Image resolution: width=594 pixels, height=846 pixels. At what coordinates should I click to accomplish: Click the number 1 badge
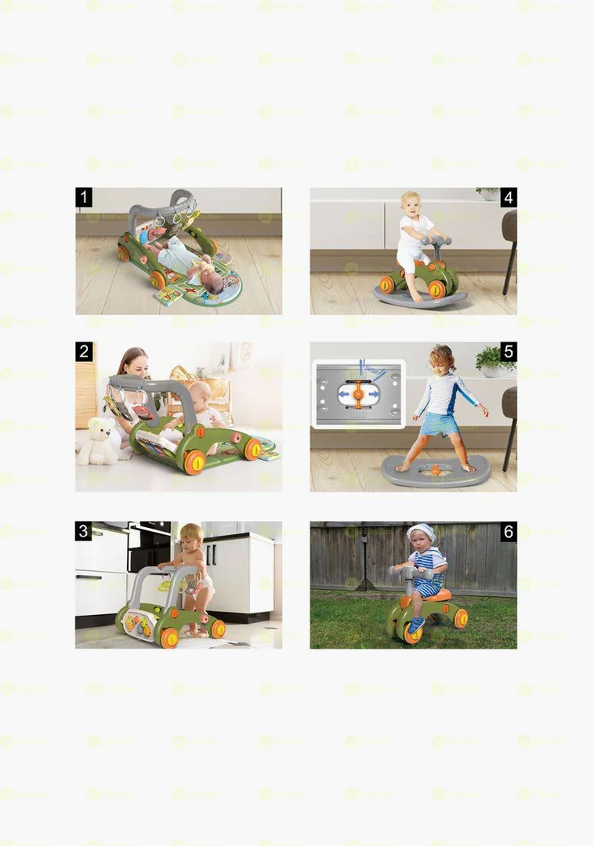pyautogui.click(x=85, y=197)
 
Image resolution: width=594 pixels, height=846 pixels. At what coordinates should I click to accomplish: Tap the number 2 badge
pyautogui.click(x=85, y=352)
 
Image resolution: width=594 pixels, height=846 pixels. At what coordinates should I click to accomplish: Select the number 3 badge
pyautogui.click(x=85, y=531)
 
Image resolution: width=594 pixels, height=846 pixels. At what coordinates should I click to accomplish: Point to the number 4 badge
pyautogui.click(x=508, y=197)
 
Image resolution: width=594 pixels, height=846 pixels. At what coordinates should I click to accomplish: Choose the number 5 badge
pyautogui.click(x=508, y=352)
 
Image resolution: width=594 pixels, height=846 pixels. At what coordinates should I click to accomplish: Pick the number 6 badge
pyautogui.click(x=508, y=531)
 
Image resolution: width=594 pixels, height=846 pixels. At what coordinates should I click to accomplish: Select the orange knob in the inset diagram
pyautogui.click(x=358, y=395)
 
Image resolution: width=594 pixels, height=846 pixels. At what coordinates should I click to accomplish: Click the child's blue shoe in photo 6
pyautogui.click(x=416, y=624)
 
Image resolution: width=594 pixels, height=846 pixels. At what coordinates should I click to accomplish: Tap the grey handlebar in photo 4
pyautogui.click(x=436, y=241)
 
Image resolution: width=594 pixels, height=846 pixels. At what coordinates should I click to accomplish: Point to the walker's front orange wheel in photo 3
pyautogui.click(x=169, y=638)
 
